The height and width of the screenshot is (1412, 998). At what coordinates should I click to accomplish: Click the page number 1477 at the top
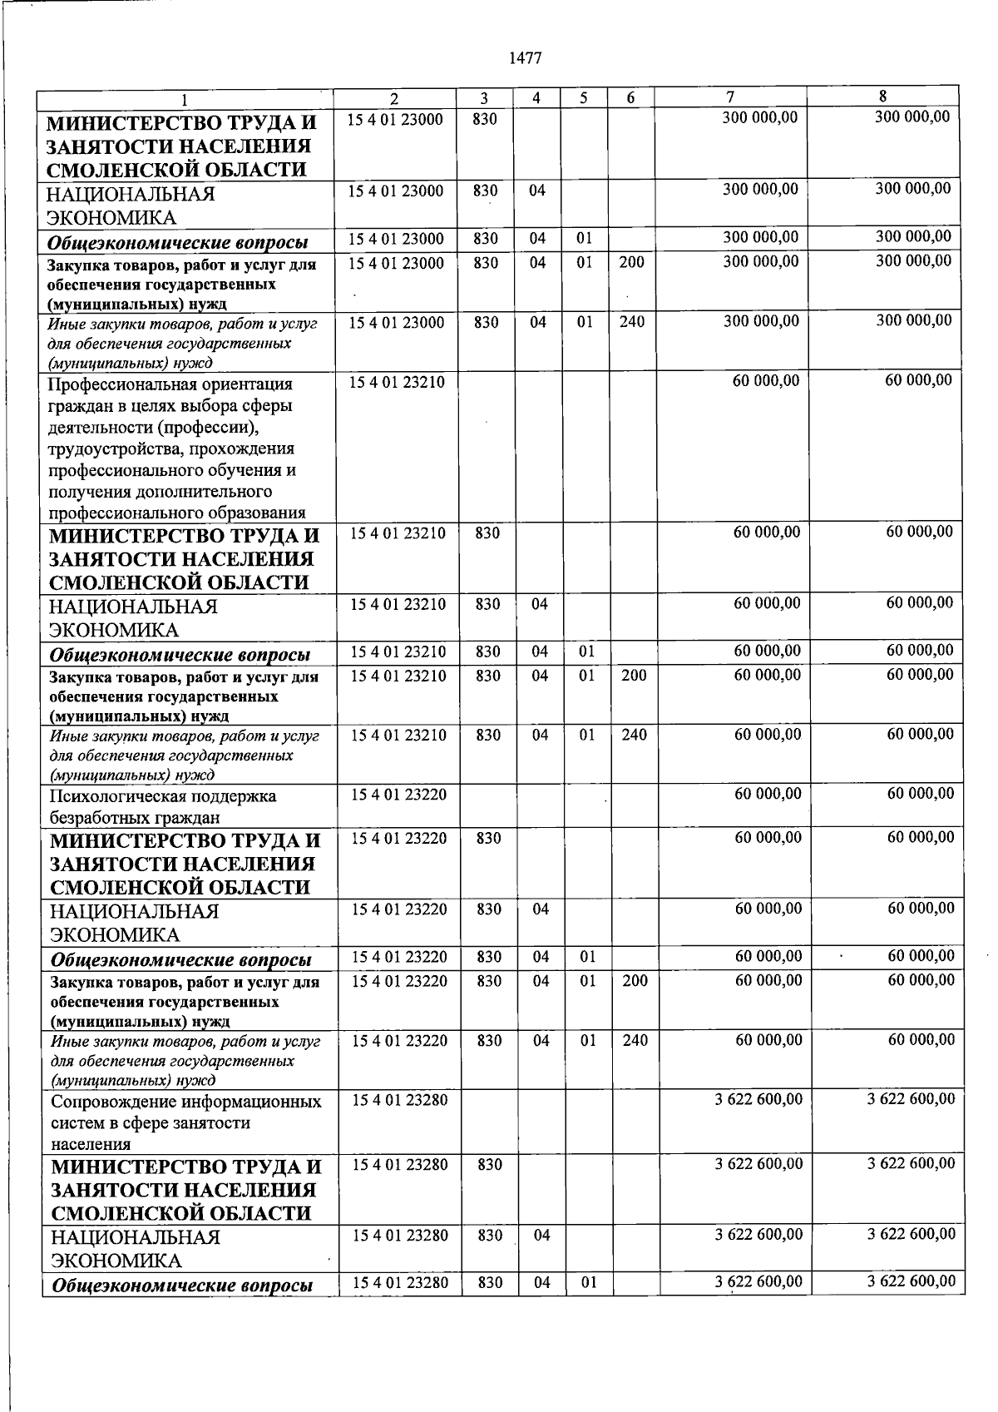(x=524, y=58)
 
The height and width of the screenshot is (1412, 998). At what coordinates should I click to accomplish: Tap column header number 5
(x=584, y=98)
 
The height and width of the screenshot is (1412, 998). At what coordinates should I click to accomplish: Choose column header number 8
(x=882, y=96)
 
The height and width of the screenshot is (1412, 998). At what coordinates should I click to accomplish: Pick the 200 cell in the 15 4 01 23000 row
(x=631, y=263)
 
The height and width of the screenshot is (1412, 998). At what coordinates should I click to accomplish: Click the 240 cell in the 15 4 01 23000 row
(x=631, y=322)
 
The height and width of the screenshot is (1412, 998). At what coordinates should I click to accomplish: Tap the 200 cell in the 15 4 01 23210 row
(x=634, y=676)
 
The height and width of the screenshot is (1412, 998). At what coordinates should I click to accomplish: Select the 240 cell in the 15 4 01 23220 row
(x=635, y=1040)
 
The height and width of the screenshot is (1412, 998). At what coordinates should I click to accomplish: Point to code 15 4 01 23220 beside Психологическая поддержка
(x=398, y=795)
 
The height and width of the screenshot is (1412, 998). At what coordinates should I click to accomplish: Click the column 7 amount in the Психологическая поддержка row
(x=768, y=795)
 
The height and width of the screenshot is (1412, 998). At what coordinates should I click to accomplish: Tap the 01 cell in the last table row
(x=589, y=1283)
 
